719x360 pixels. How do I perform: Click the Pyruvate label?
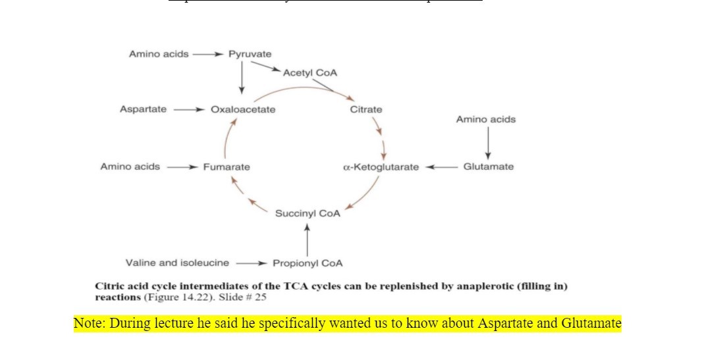click(x=250, y=54)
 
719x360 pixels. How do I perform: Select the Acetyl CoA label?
click(x=309, y=73)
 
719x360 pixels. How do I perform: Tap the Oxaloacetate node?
click(x=243, y=109)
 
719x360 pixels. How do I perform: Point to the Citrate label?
click(x=366, y=109)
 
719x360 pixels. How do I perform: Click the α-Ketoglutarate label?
click(x=381, y=167)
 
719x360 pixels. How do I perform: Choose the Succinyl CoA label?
click(x=307, y=213)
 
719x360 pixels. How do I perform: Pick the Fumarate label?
click(x=226, y=167)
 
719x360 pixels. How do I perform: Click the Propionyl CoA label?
click(x=307, y=263)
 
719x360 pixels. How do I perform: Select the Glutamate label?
click(x=489, y=167)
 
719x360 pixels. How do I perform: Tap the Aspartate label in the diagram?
click(x=143, y=109)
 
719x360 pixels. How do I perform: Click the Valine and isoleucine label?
click(x=177, y=263)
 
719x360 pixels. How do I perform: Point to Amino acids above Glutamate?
click(x=486, y=119)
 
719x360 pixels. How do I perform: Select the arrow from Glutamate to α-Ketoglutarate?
click(x=440, y=167)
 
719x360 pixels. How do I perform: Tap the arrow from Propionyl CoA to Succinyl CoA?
click(x=307, y=239)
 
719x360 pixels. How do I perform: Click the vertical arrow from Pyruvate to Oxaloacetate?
click(x=242, y=78)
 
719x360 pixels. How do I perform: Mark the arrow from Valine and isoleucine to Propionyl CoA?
click(x=250, y=263)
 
